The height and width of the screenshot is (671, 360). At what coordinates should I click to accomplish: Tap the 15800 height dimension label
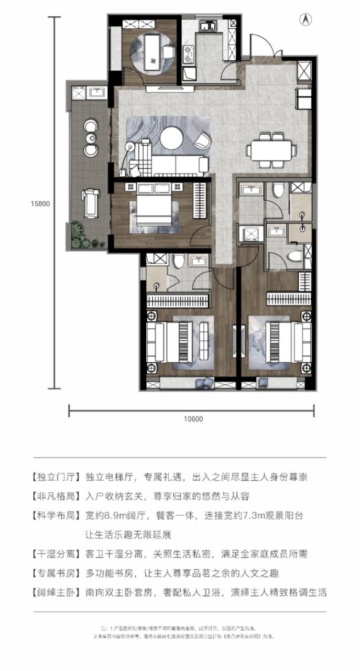[40, 204]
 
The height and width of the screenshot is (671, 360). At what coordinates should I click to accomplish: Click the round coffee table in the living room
[171, 138]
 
